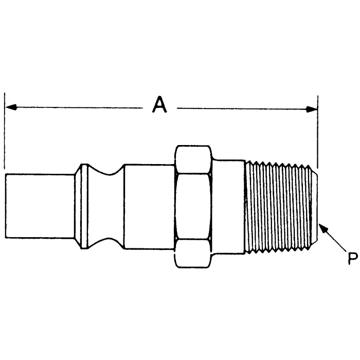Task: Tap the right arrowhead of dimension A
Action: (312, 109)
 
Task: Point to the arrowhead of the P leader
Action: (322, 227)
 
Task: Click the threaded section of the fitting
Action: (280, 206)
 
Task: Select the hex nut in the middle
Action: (193, 206)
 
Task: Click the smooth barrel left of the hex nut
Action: (149, 206)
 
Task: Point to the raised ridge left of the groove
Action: (83, 206)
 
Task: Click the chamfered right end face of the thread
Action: (315, 206)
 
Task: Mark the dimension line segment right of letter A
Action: (242, 109)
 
